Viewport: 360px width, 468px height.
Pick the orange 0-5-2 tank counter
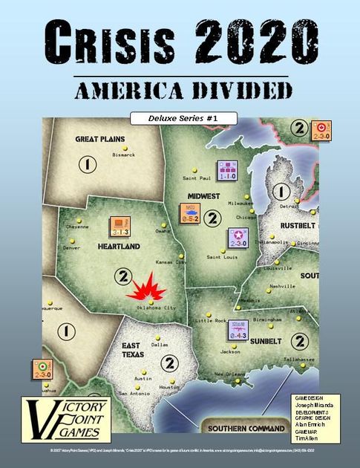190,213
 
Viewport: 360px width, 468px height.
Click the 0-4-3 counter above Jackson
238,330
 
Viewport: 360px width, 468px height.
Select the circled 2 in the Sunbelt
301,340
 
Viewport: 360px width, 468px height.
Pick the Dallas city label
159,344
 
